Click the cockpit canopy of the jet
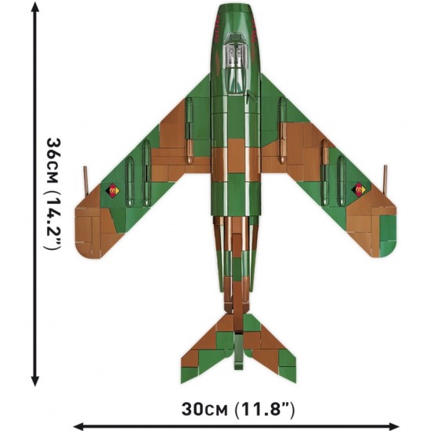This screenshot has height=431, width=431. coord(235,64)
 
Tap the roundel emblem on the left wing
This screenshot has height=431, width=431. coord(112,190)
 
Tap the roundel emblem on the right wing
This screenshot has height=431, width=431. coord(359,190)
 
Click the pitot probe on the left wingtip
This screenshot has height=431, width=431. coord(85,180)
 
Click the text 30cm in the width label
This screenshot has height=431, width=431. coord(205,410)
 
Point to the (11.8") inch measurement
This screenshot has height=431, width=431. coord(264,410)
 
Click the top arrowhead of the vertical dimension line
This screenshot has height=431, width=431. coord(35,6)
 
